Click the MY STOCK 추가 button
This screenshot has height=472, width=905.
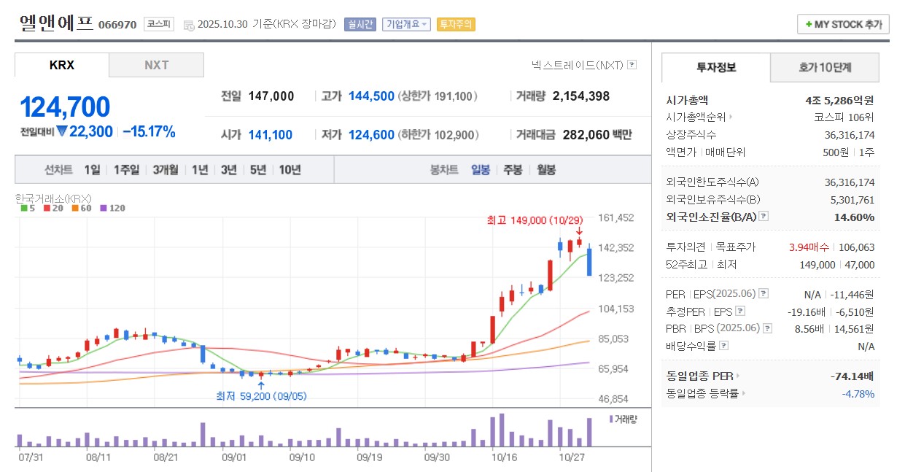[843, 24]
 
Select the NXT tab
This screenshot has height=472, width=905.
[156, 65]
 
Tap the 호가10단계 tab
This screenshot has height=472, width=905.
[825, 68]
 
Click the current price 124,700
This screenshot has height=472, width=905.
[65, 107]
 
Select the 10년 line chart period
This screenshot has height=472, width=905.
[290, 170]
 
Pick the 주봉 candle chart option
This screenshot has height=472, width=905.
[513, 170]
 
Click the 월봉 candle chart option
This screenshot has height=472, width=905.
[546, 170]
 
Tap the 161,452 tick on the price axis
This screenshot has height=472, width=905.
[616, 218]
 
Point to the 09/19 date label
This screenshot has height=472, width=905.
[369, 457]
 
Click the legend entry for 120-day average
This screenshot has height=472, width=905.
[113, 208]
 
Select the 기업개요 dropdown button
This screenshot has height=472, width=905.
[406, 24]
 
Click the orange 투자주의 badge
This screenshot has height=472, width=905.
[456, 24]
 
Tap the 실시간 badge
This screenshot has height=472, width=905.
[360, 24]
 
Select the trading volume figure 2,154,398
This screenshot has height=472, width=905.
[581, 96]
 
